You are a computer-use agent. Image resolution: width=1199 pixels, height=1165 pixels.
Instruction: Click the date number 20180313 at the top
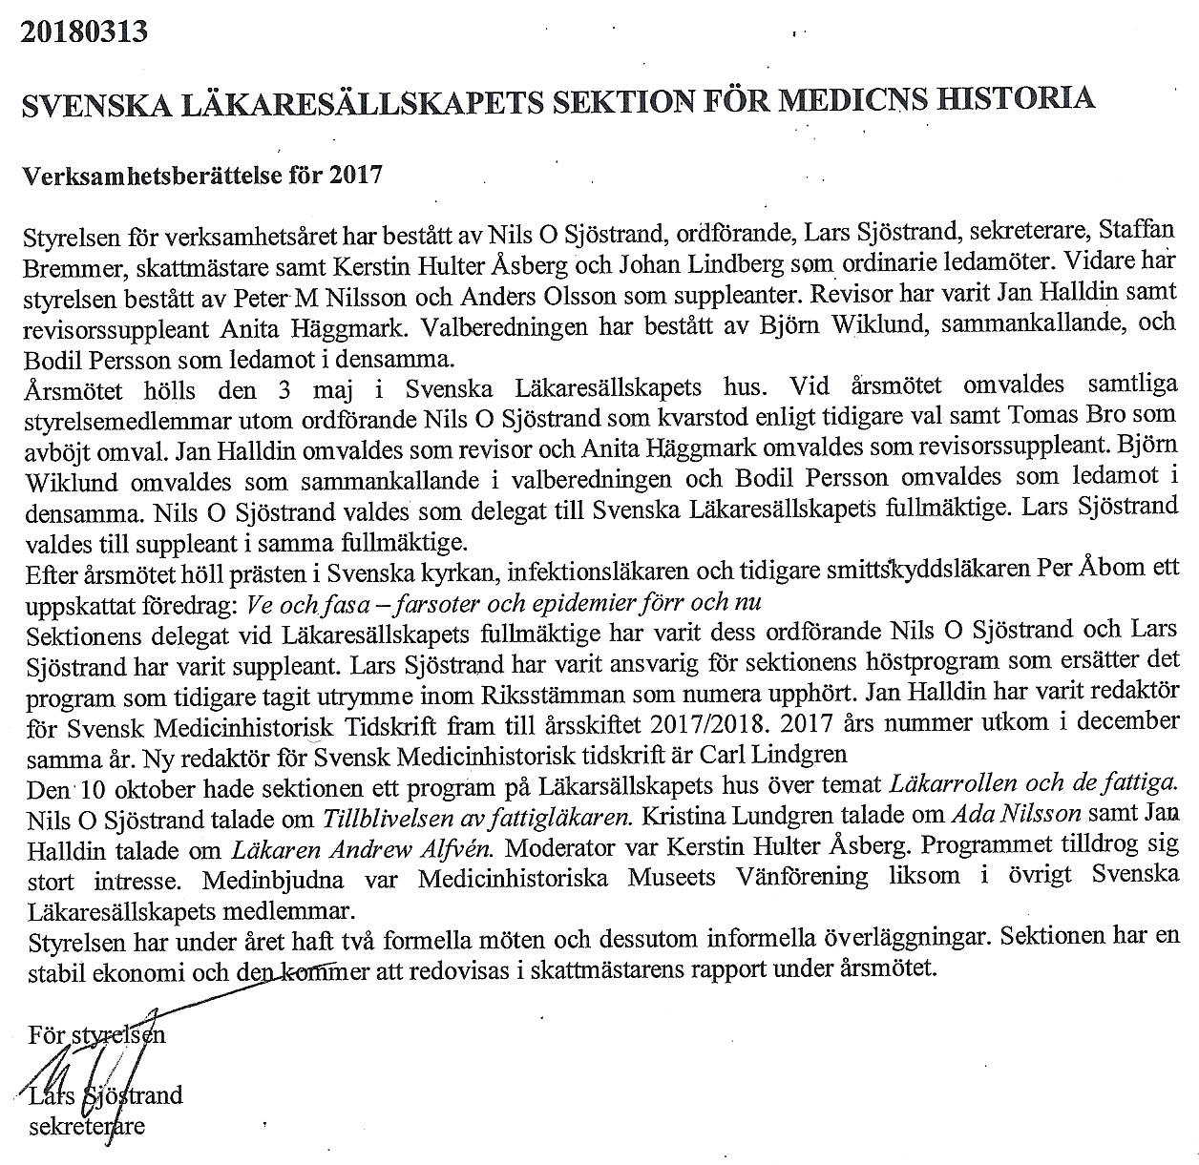[x=84, y=31]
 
